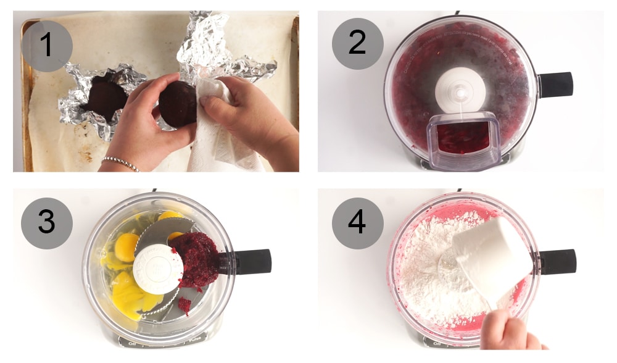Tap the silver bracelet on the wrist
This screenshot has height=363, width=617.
point(121,163)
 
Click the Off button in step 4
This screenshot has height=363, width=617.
point(437,343)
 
